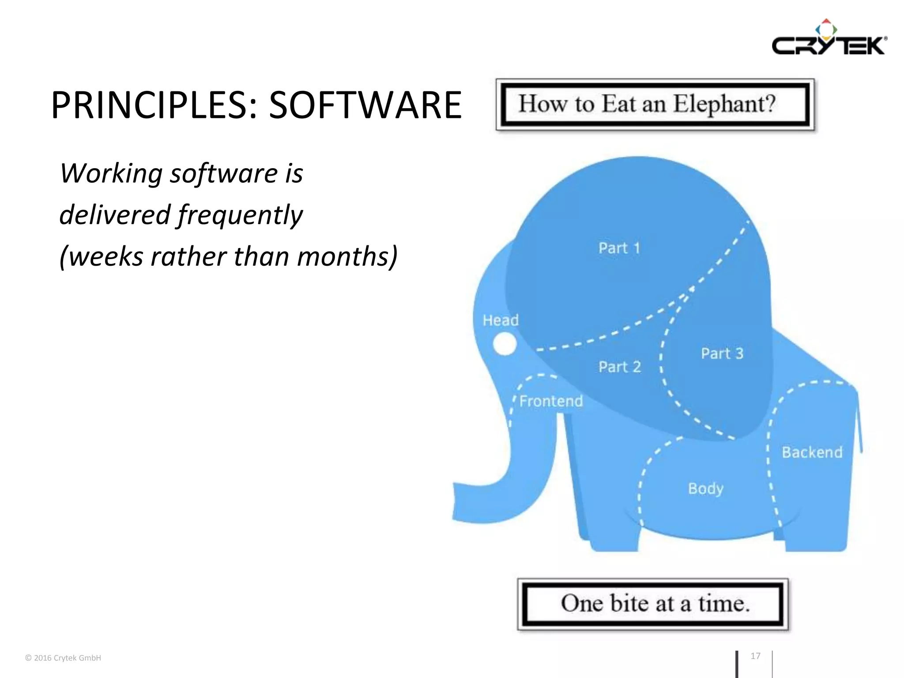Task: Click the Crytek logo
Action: pyautogui.click(x=829, y=39)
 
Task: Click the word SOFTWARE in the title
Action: pyautogui.click(x=365, y=105)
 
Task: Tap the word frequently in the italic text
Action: pyautogui.click(x=240, y=215)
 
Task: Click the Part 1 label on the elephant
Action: pyautogui.click(x=619, y=248)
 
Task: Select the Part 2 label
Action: pyautogui.click(x=619, y=367)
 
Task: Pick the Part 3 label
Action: pyautogui.click(x=722, y=354)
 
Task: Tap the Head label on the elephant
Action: pyautogui.click(x=500, y=320)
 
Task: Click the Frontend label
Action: pyautogui.click(x=551, y=401)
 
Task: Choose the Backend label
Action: pyautogui.click(x=812, y=452)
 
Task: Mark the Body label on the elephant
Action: pyautogui.click(x=705, y=489)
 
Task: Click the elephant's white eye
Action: pyautogui.click(x=504, y=344)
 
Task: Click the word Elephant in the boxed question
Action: pyautogui.click(x=724, y=104)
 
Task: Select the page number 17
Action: pyautogui.click(x=755, y=656)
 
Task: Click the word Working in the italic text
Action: pyautogui.click(x=111, y=173)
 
